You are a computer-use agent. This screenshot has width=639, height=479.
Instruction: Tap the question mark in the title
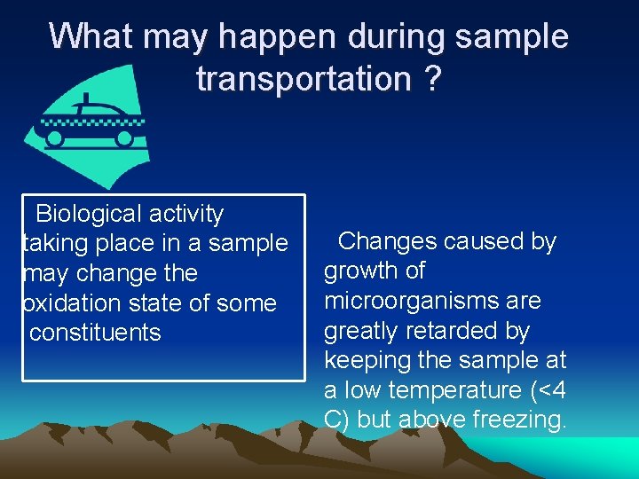[x=431, y=79]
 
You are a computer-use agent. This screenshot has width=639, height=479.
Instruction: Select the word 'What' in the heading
[x=90, y=35]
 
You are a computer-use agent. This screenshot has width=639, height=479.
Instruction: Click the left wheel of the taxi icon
[x=55, y=138]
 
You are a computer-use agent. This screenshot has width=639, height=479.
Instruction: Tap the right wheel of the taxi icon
[x=125, y=138]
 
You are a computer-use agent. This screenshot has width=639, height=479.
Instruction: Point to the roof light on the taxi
[x=85, y=98]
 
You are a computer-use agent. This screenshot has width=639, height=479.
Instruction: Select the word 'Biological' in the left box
[x=88, y=214]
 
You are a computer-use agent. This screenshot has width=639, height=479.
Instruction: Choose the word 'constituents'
[x=95, y=333]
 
